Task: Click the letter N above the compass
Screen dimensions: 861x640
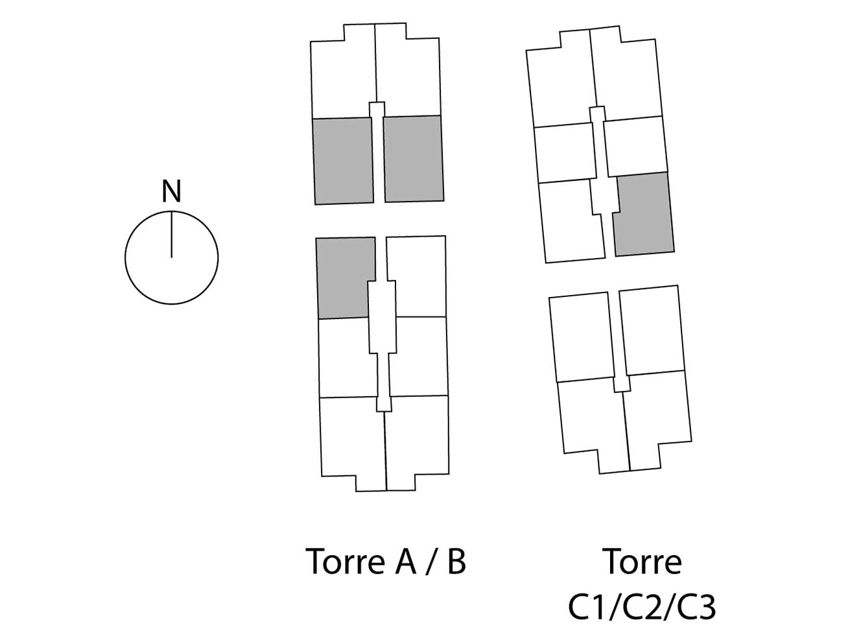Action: (x=171, y=191)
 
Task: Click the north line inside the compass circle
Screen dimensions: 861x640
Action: (x=171, y=235)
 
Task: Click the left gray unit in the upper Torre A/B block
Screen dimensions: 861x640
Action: (x=343, y=161)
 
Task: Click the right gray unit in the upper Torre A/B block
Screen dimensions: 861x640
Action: (x=414, y=158)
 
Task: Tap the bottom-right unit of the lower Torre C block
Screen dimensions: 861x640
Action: (x=658, y=416)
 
